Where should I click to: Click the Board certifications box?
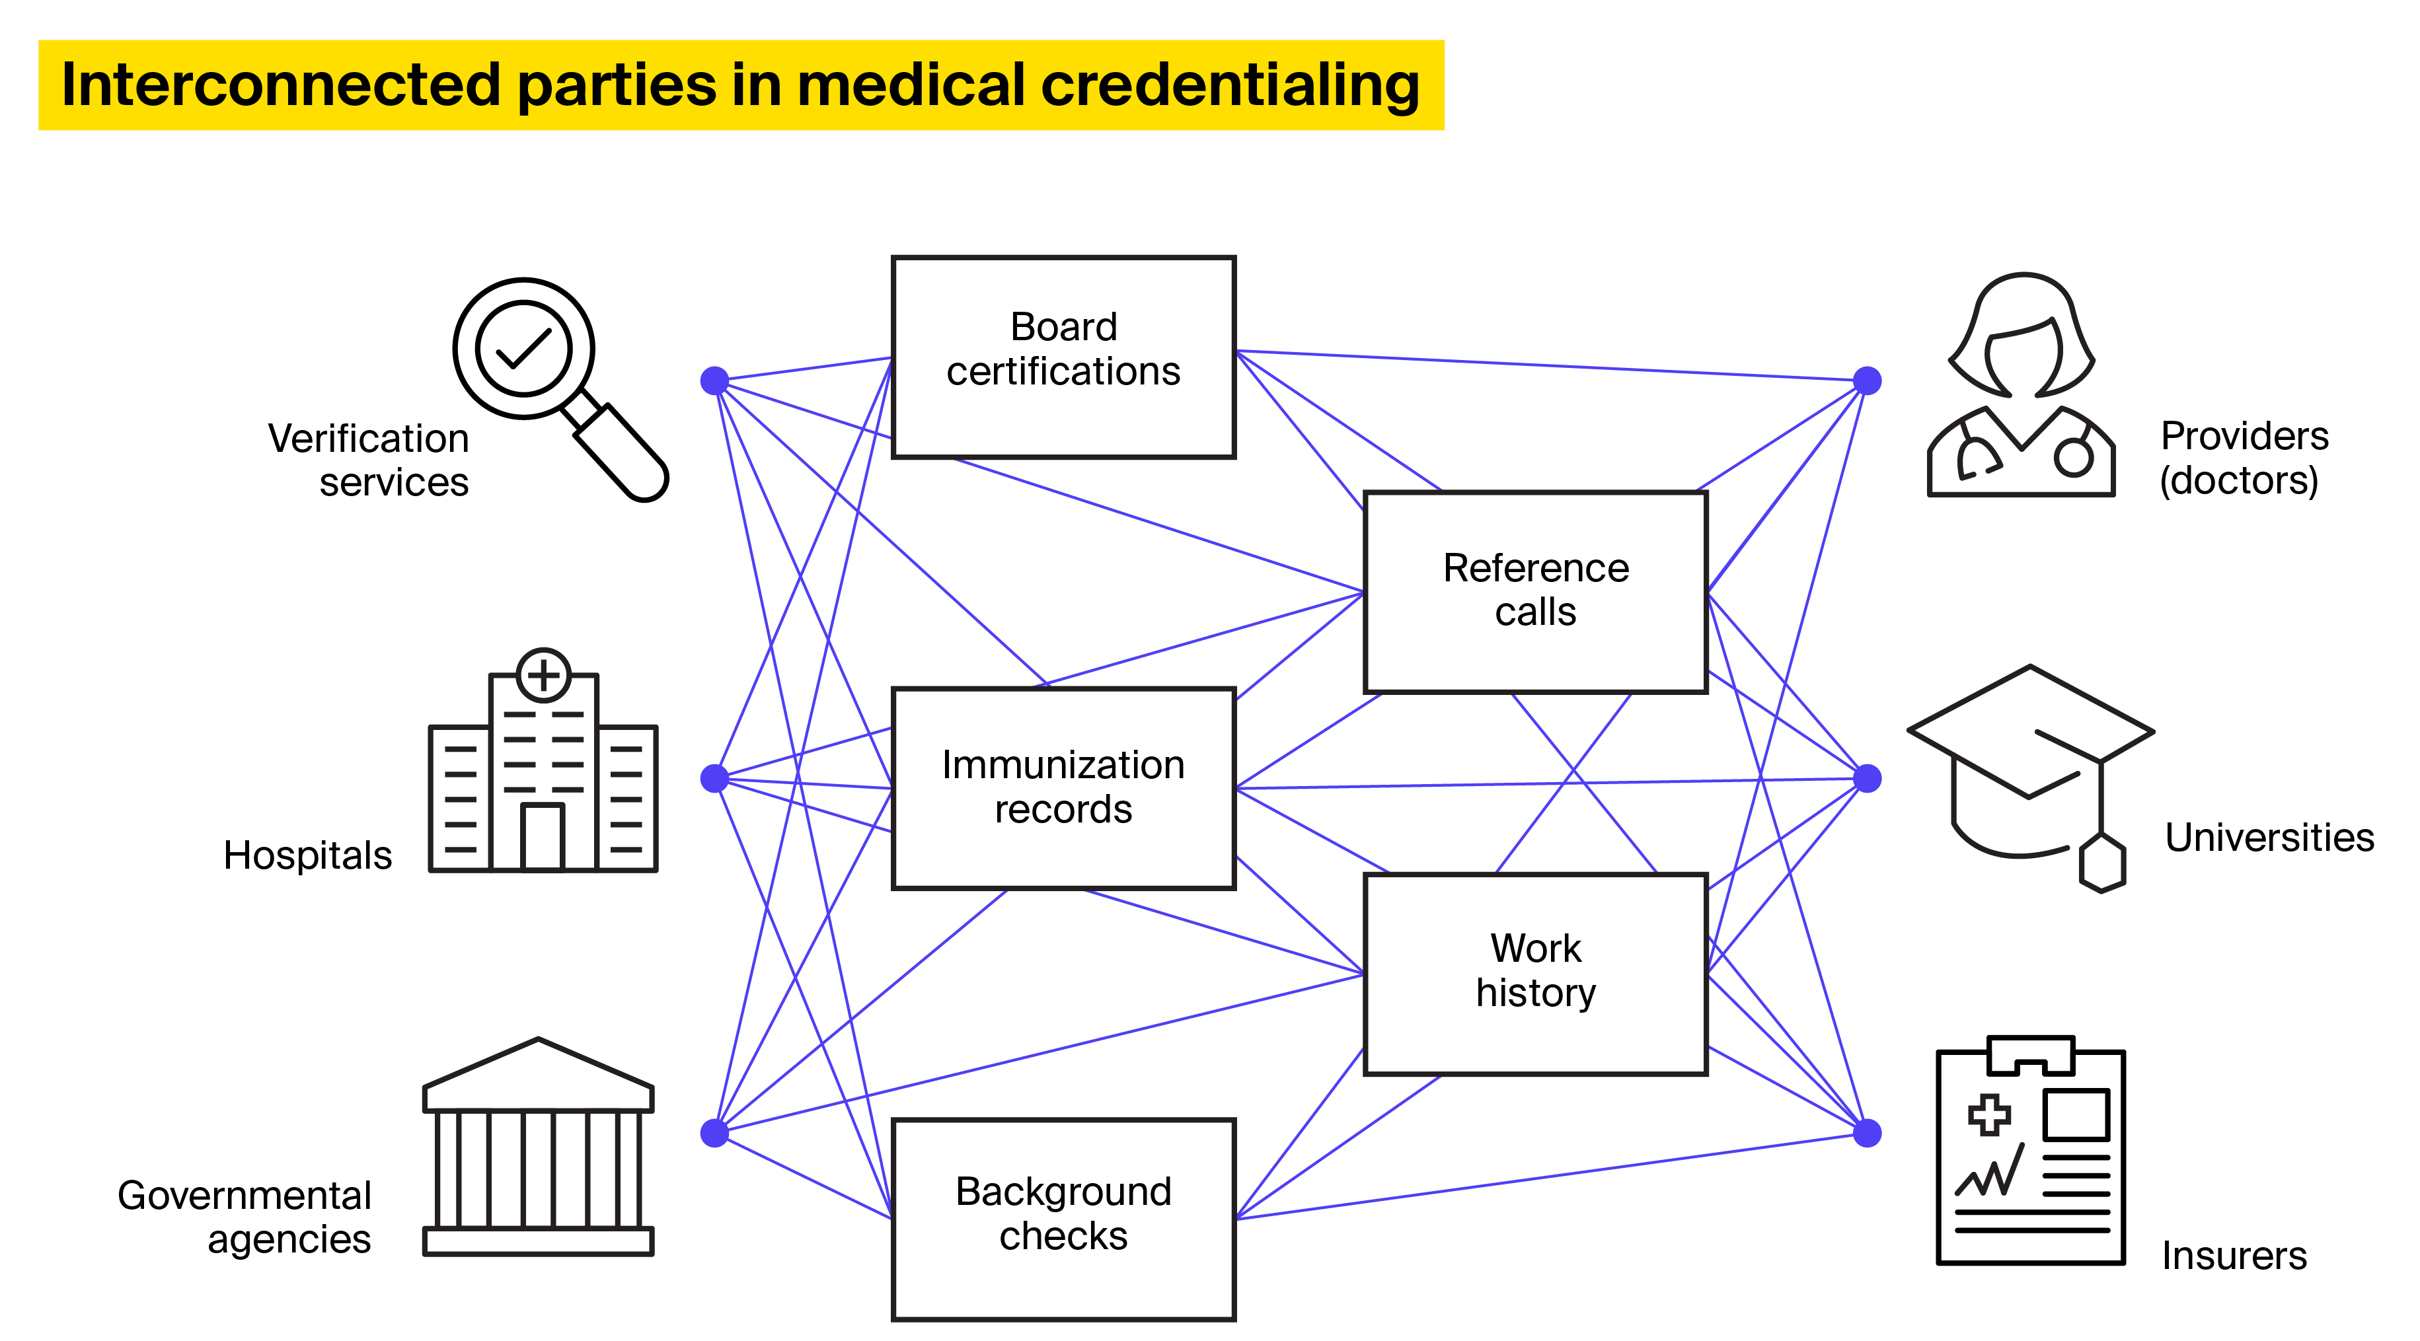tap(1063, 357)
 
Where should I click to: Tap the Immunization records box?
tap(1063, 787)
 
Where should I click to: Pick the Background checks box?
tap(1063, 1217)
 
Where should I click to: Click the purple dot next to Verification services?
tap(715, 381)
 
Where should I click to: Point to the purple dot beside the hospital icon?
tap(715, 778)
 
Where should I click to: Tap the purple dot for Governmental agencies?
tap(715, 1132)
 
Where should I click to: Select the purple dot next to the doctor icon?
tap(1867, 381)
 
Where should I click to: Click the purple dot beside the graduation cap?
tap(1867, 778)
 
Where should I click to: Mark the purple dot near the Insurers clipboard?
tap(1867, 1132)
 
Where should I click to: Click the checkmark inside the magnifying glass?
tap(522, 348)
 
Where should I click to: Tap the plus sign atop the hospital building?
tap(544, 674)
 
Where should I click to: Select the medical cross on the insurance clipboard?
tap(1988, 1114)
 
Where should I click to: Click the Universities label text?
tap(2269, 837)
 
